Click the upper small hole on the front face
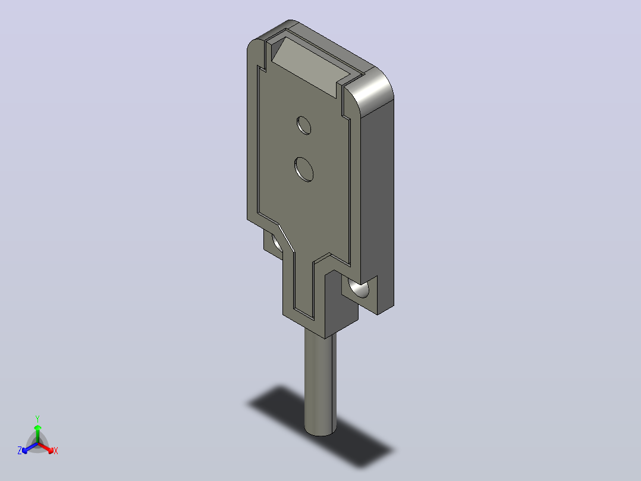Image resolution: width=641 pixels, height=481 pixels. tap(304, 125)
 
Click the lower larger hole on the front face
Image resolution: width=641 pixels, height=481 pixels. tap(304, 169)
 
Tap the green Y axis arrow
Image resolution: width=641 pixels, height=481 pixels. tap(37, 433)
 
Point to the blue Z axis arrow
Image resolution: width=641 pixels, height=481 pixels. tap(30, 448)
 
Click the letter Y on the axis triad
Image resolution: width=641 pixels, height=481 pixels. tap(37, 419)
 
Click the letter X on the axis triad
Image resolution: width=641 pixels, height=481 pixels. tap(56, 451)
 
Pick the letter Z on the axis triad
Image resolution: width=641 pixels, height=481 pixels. tap(20, 451)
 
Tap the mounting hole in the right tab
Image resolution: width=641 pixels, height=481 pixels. tap(359, 288)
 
